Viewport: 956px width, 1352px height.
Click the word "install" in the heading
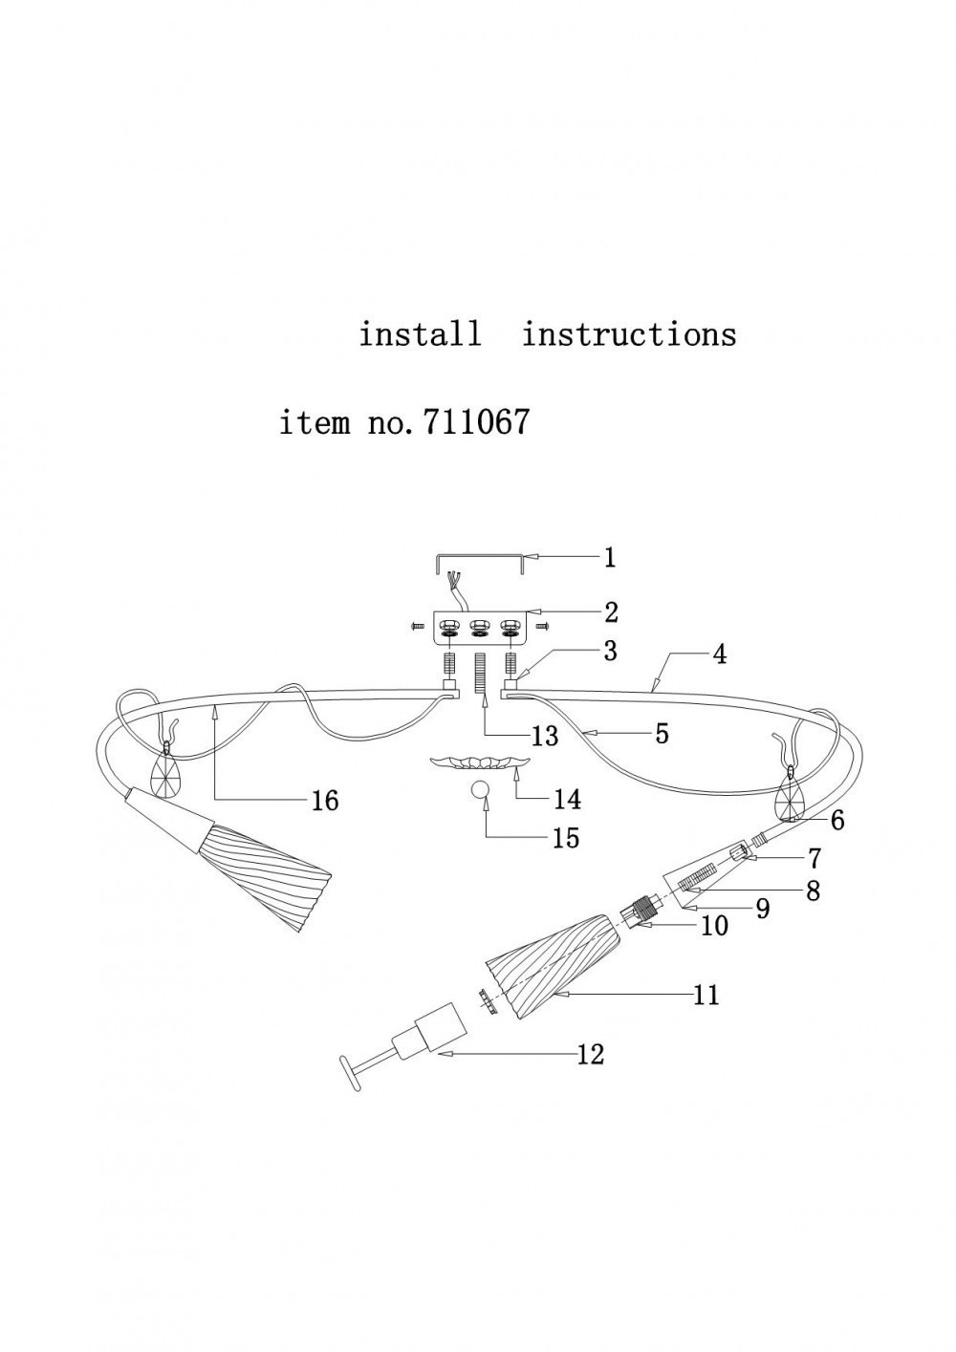point(421,333)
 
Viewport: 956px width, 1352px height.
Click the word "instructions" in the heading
point(629,333)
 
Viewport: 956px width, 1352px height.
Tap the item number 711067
point(476,421)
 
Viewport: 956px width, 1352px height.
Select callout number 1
point(610,558)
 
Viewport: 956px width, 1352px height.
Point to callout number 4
point(719,655)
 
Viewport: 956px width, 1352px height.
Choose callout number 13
point(545,736)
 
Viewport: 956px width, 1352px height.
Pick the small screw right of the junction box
point(541,627)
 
